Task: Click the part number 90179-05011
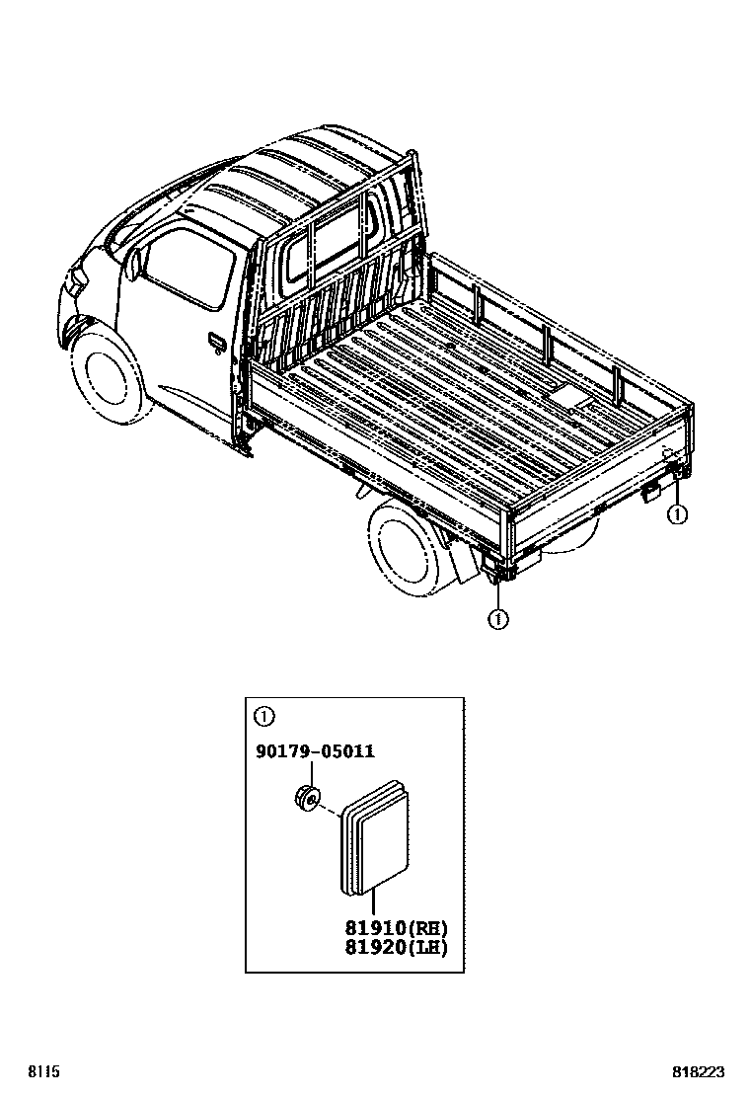click(315, 751)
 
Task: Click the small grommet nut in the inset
click(307, 797)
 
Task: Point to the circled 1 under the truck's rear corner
click(497, 620)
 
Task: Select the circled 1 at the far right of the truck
click(676, 513)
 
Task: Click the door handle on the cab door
click(216, 342)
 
